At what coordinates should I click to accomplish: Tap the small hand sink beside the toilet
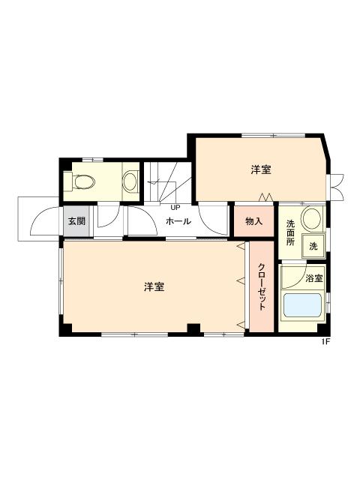point(130,181)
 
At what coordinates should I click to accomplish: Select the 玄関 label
point(76,221)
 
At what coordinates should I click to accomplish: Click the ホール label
point(178,221)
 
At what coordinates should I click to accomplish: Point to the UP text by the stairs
point(175,207)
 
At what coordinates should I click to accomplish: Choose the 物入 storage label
point(253,221)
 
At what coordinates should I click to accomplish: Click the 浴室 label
point(314,278)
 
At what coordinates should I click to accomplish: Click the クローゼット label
point(262,287)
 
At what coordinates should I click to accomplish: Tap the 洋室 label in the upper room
point(261,170)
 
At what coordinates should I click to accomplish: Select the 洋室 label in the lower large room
point(154,286)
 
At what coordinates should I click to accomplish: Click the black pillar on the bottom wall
point(194,328)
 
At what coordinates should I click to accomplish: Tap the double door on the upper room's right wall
point(337,184)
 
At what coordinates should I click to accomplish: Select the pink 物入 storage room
point(253,221)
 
